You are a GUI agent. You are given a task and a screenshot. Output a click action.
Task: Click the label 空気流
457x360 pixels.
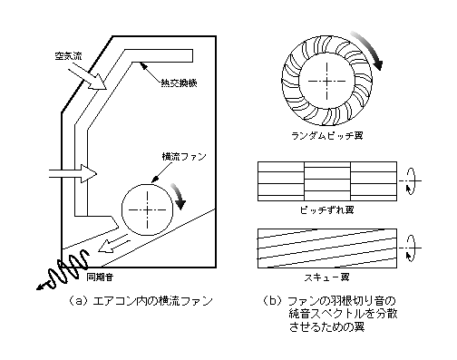tap(68, 56)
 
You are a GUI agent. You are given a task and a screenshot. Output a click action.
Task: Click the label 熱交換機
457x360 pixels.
tap(179, 83)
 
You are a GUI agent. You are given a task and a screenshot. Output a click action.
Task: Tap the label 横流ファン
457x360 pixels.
tap(184, 157)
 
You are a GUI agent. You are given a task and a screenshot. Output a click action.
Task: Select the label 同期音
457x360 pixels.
tap(100, 277)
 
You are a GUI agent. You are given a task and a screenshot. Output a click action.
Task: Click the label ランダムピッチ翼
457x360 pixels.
tap(327, 135)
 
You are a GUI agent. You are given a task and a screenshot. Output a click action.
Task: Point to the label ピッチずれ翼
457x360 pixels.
tap(327, 209)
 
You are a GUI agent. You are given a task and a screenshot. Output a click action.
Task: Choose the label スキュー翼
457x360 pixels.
tap(327, 277)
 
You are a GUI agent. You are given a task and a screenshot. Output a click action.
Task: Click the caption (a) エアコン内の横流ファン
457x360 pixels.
tap(141, 301)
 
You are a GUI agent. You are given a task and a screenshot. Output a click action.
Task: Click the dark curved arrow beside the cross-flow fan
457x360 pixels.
tap(180, 195)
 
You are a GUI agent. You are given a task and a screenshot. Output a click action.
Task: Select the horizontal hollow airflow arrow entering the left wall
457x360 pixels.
tap(73, 173)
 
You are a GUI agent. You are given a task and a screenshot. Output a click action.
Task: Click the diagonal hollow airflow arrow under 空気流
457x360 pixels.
tap(88, 79)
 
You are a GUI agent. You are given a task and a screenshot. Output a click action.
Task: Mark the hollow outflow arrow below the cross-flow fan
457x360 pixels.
tap(113, 246)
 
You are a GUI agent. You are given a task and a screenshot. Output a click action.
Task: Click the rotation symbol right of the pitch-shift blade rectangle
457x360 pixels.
tap(410, 181)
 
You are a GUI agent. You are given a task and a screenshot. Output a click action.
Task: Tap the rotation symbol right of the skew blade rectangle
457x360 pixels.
tap(410, 248)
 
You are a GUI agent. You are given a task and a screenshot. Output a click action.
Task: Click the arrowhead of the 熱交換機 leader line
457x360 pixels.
tap(144, 65)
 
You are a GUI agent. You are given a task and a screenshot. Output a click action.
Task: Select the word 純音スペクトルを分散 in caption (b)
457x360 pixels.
tap(343, 314)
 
